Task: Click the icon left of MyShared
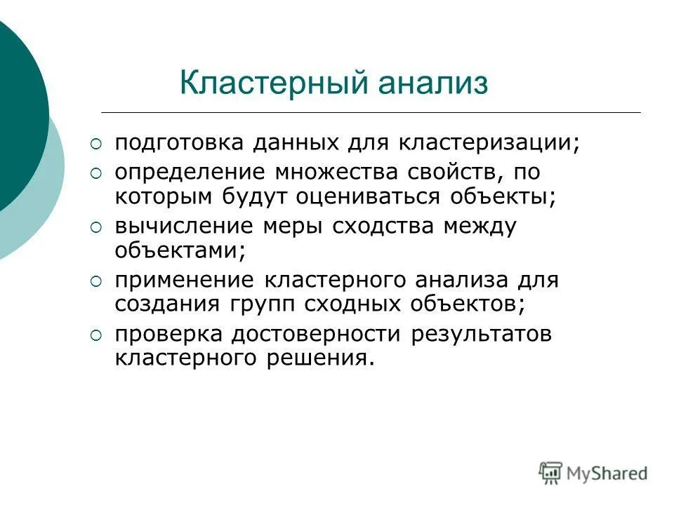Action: [550, 472]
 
